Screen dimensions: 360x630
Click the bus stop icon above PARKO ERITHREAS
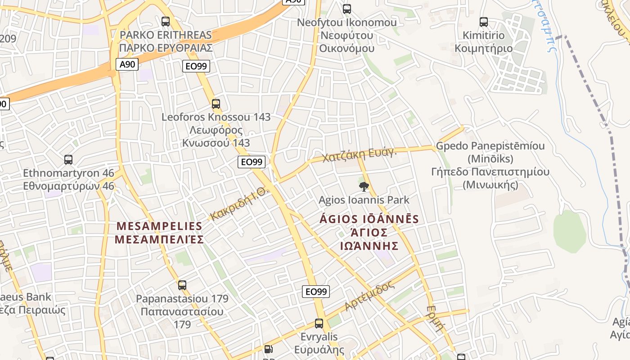[166, 21]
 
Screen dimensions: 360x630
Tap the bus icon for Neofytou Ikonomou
[347, 9]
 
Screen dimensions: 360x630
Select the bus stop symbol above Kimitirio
[484, 22]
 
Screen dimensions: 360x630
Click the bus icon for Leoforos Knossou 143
[216, 104]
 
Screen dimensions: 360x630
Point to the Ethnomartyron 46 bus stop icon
[68, 160]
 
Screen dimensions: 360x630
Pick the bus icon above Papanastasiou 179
[182, 285]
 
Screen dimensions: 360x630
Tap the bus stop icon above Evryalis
[319, 323]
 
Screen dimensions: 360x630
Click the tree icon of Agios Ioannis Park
[364, 186]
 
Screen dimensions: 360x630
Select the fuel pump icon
[269, 349]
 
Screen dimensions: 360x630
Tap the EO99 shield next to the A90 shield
[197, 67]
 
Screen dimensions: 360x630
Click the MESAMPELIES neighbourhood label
[159, 232]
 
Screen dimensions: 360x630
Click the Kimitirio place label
[484, 41]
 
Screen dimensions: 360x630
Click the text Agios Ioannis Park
[364, 200]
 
